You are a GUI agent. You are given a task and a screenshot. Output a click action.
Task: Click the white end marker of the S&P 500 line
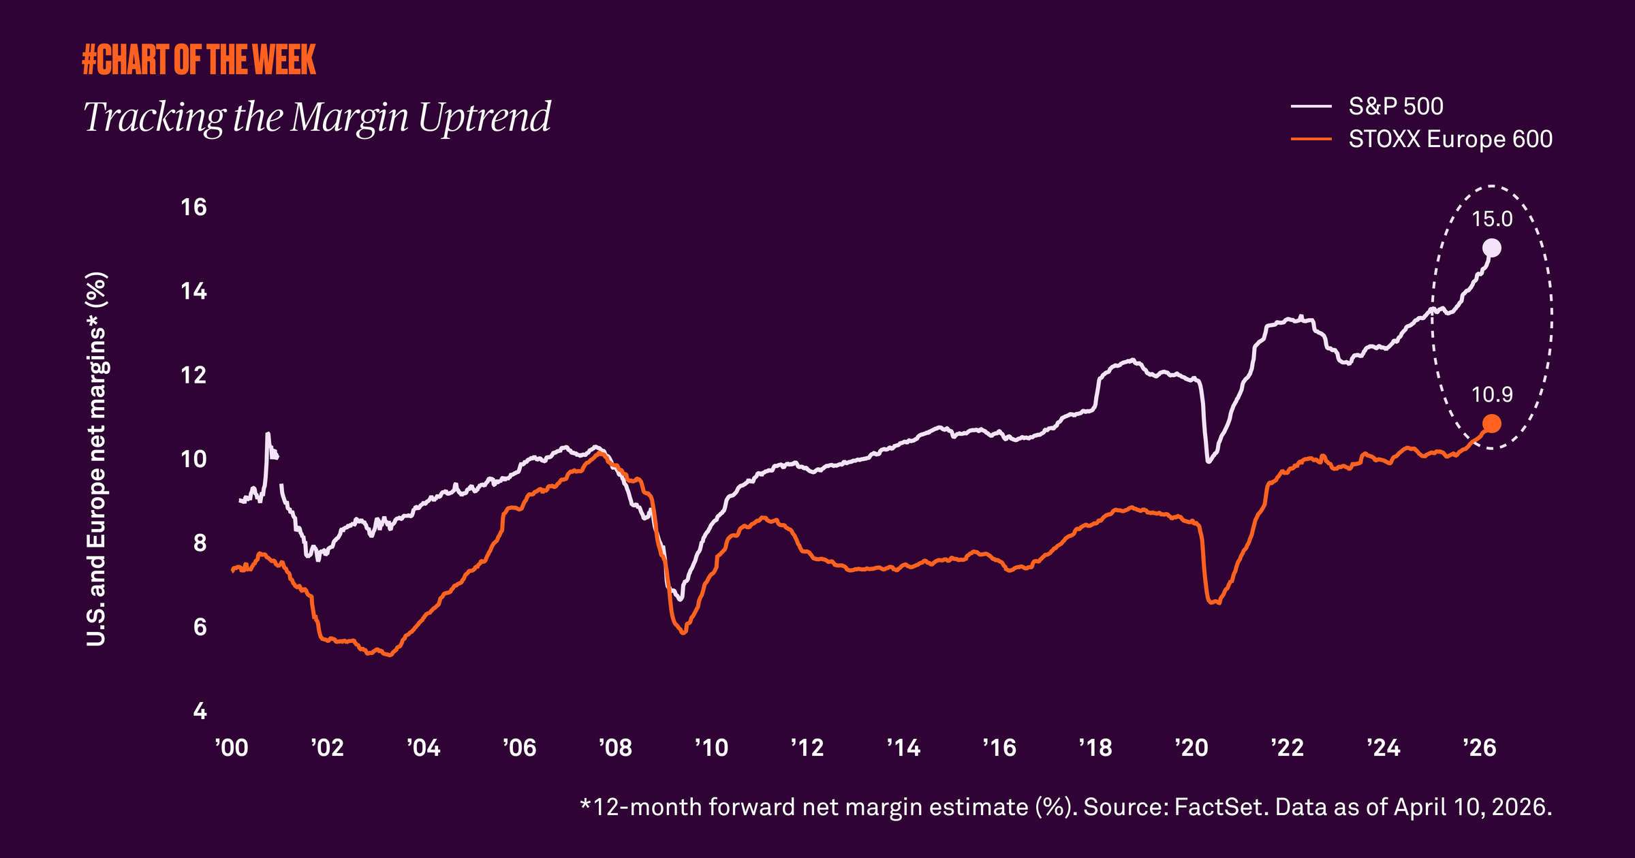coord(1492,248)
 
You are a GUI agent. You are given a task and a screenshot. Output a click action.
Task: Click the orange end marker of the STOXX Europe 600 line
coord(1492,424)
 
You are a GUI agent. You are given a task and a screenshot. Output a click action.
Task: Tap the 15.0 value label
coord(1492,219)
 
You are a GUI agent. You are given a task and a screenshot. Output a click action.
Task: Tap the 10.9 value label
coord(1492,395)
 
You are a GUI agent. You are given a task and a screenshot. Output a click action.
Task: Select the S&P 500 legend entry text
coord(1395,107)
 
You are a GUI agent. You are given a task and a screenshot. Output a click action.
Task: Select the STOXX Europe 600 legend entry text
coord(1450,140)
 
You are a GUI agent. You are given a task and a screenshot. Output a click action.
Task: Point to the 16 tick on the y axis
coord(193,208)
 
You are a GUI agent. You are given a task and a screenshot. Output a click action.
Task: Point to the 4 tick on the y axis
coord(200,712)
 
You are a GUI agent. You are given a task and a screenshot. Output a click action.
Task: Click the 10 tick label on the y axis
coord(193,460)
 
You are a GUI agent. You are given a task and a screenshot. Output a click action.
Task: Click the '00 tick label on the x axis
coord(232,748)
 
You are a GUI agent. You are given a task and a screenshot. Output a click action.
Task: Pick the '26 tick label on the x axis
coord(1479,748)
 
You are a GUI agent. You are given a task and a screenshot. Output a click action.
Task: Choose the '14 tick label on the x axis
coord(903,748)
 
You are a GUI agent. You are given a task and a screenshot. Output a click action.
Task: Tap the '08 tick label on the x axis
coord(615,748)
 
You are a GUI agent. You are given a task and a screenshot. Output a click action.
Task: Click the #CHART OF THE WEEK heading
coord(199,60)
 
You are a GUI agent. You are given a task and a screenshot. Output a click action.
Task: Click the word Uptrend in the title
coord(484,117)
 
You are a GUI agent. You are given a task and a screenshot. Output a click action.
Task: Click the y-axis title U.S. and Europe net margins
coord(97,459)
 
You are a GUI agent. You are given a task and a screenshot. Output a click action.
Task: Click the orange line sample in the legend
coord(1311,140)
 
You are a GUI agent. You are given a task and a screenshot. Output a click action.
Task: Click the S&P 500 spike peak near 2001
coord(268,434)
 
